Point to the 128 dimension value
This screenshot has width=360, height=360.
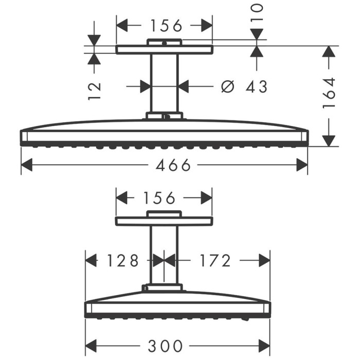122,261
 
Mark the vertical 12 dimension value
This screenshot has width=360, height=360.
94,90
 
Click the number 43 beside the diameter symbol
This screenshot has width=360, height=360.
257,87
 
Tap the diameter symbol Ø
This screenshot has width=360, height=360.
227,87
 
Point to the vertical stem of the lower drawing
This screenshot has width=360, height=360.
164,255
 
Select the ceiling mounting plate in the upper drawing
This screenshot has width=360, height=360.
164,50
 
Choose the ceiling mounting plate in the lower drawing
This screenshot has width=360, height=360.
164,221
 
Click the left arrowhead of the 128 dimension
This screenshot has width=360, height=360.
91,261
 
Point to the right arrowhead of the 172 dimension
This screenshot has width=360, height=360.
264,261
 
